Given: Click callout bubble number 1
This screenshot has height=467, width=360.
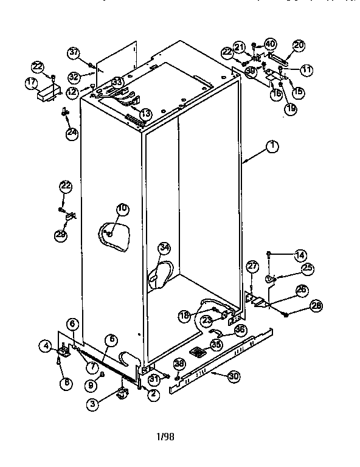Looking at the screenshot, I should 272,146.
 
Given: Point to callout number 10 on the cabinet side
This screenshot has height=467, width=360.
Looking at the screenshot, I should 122,209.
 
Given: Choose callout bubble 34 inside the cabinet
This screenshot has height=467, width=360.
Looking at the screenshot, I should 164,247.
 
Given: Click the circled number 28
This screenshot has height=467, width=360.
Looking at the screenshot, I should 314,306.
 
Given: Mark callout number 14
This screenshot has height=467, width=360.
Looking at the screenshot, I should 299,255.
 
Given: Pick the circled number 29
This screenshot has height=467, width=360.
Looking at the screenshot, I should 61,235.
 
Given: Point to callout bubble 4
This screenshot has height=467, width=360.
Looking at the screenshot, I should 46,347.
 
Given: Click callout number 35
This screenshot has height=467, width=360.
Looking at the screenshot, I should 216,344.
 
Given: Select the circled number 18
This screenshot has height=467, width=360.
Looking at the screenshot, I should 185,315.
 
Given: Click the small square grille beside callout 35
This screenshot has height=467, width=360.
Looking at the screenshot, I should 197,352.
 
